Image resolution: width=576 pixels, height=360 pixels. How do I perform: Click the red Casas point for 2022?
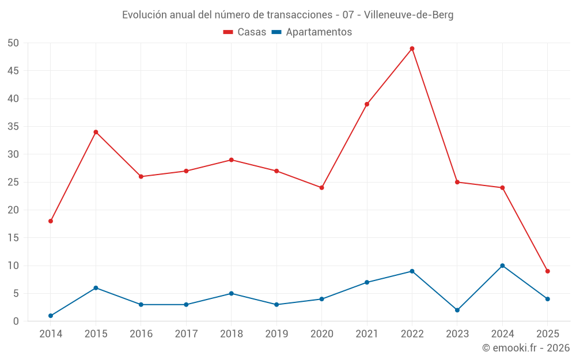tap(412, 48)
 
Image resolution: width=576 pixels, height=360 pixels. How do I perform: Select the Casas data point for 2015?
tap(96, 132)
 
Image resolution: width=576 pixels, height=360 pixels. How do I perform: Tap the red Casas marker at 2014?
tap(51, 221)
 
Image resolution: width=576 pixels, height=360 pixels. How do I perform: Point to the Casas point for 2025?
tap(548, 271)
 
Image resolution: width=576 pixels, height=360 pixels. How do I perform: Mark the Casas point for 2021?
tap(367, 104)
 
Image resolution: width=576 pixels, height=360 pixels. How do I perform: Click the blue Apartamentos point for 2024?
tap(502, 266)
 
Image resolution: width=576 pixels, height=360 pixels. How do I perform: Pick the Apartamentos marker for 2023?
tap(457, 310)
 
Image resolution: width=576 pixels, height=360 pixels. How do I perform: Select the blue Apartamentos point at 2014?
tap(51, 316)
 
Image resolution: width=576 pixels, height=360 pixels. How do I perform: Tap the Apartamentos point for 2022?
tap(412, 271)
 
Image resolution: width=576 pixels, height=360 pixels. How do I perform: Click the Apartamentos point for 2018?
tap(232, 293)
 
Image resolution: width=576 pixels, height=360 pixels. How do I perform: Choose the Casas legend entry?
tap(245, 32)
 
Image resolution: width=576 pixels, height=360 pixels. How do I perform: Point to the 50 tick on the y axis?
tap(14, 43)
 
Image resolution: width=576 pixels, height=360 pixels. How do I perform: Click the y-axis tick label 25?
tap(14, 182)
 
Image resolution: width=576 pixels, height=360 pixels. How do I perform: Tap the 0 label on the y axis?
tap(16, 321)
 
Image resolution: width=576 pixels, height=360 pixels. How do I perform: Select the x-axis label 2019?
tap(276, 334)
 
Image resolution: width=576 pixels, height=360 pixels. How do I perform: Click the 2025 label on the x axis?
tap(548, 334)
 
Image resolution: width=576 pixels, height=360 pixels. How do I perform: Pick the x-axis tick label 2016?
tap(141, 334)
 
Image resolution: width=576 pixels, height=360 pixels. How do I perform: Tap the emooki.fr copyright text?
tap(525, 348)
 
